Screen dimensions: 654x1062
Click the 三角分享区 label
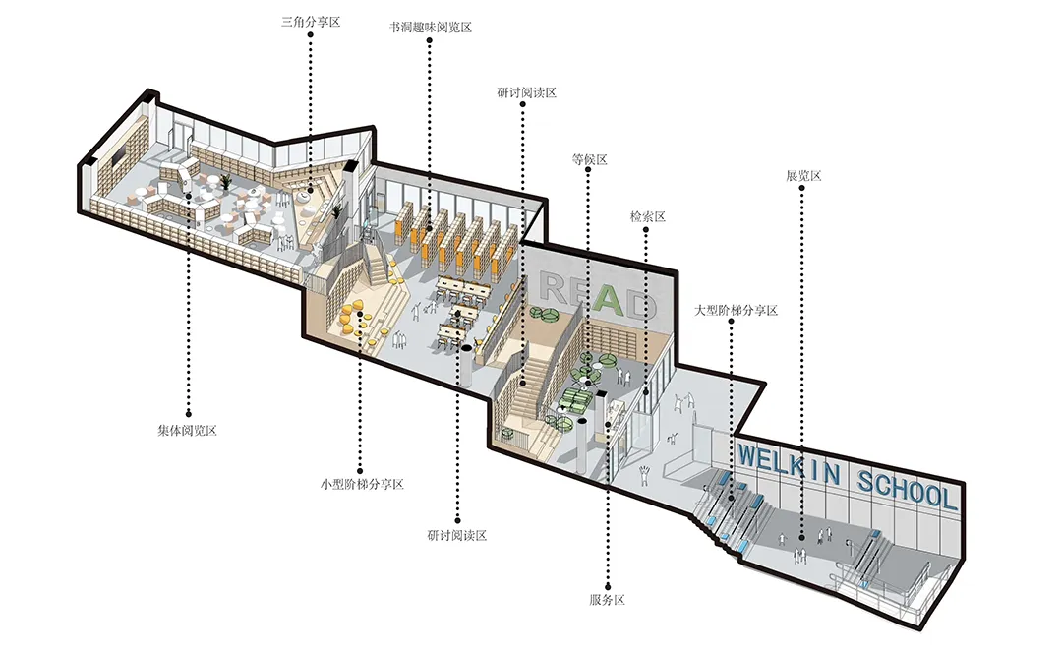click(311, 20)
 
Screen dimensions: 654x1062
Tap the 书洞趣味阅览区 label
click(431, 27)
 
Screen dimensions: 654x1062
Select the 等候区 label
click(589, 159)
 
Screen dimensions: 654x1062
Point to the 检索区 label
click(648, 216)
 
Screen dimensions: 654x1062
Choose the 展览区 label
click(802, 176)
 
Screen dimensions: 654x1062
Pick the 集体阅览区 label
click(187, 431)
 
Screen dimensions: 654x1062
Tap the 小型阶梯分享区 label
click(362, 485)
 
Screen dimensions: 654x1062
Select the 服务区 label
click(608, 599)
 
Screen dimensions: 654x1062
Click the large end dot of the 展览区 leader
click(801, 538)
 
